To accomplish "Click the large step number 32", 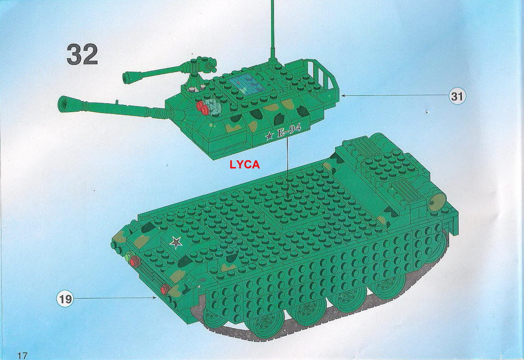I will (82, 54).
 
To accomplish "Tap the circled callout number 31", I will (457, 97).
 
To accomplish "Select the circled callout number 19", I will (66, 298).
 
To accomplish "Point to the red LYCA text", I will (244, 165).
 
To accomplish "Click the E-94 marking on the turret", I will (289, 132).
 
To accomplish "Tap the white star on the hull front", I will (176, 242).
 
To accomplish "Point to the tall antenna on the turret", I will (272, 28).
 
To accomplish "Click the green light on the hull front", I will (128, 256).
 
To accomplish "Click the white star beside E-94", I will (269, 136).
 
